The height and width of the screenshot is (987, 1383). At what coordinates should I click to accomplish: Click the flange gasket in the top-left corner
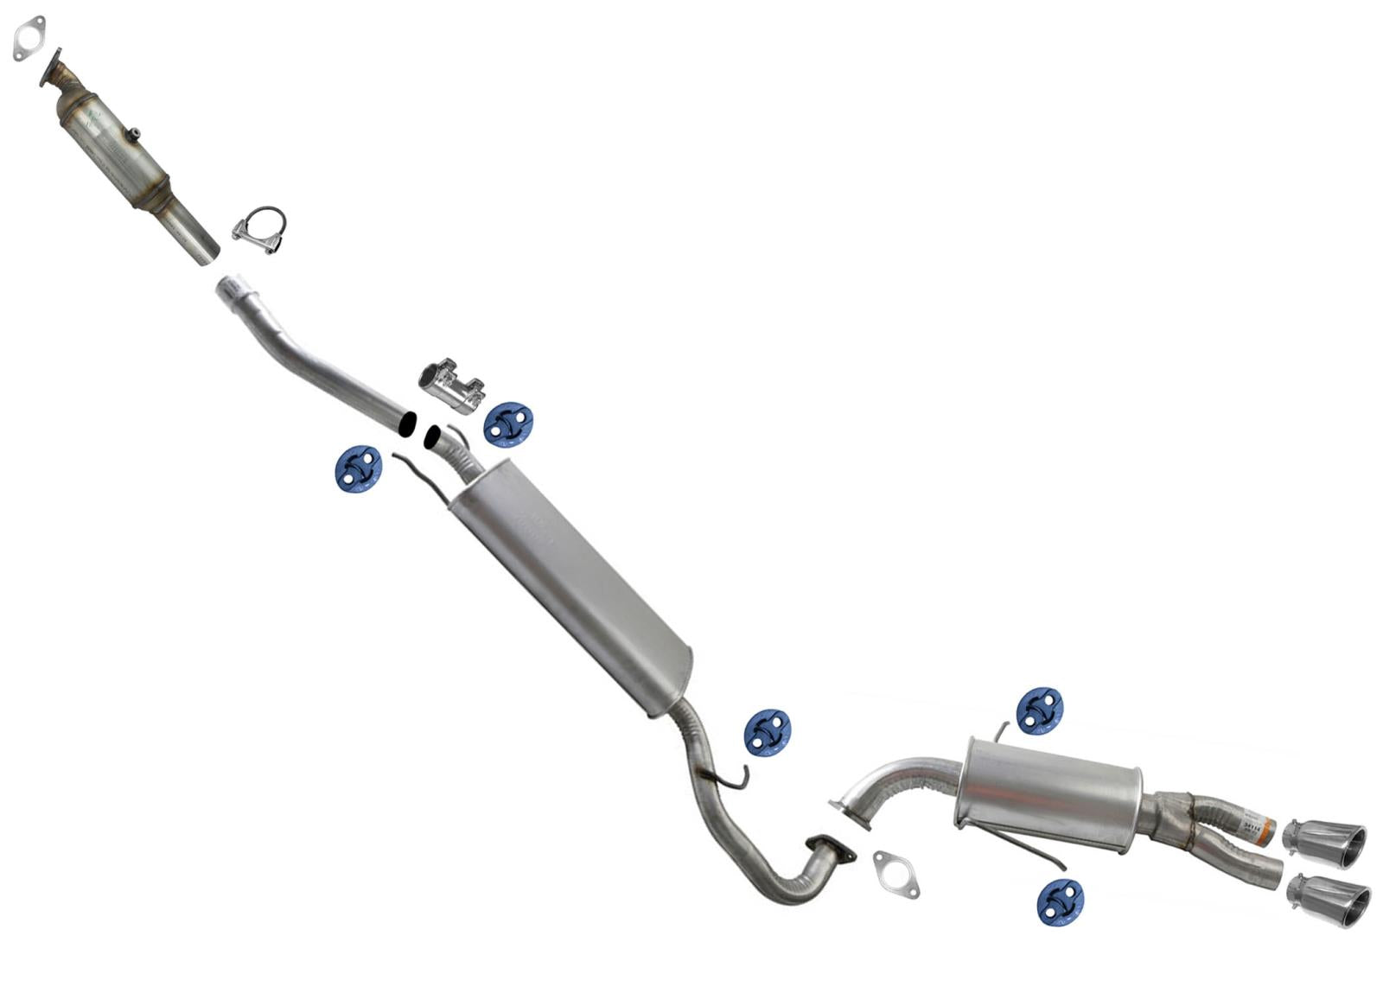29,38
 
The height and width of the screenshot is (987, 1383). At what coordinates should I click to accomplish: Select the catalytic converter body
112,147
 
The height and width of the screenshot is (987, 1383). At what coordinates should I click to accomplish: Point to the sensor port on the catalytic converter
134,135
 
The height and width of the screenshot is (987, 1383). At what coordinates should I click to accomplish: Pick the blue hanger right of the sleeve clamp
508,423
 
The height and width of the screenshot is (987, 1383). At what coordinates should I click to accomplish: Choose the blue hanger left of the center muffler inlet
358,468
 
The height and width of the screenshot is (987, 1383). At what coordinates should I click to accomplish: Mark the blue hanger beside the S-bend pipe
768,733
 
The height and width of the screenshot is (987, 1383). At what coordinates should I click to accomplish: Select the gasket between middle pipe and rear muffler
896,874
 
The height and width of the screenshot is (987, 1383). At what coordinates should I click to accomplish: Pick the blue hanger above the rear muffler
1039,710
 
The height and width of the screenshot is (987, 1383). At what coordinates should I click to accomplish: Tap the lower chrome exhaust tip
1329,900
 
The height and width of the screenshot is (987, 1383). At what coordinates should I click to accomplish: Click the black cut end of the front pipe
406,423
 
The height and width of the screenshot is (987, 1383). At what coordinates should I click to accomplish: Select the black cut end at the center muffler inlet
430,437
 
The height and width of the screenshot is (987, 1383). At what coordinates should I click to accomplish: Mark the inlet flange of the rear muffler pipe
849,815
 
